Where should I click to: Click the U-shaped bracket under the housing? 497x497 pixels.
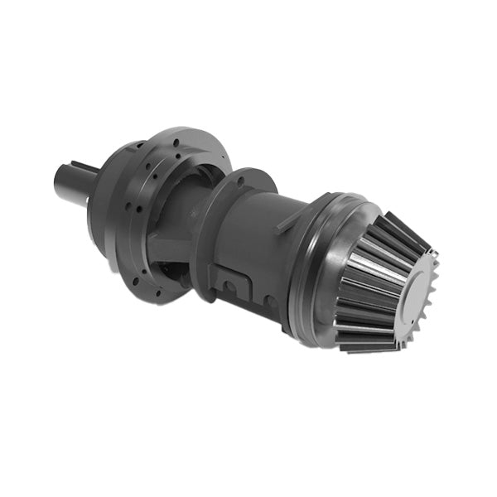tap(232, 286)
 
